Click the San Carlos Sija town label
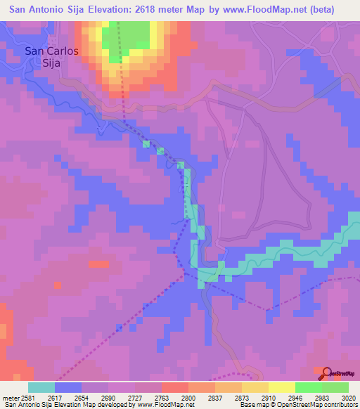click(51, 56)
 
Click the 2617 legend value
click(55, 397)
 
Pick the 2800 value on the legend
click(188, 397)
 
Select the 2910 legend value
click(268, 397)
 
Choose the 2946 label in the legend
click(295, 397)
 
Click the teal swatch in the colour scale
click(41, 387)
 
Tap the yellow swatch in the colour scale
click(281, 387)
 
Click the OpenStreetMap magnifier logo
click(326, 373)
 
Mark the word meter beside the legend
click(9, 397)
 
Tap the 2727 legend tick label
click(134, 397)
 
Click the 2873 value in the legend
click(241, 397)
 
